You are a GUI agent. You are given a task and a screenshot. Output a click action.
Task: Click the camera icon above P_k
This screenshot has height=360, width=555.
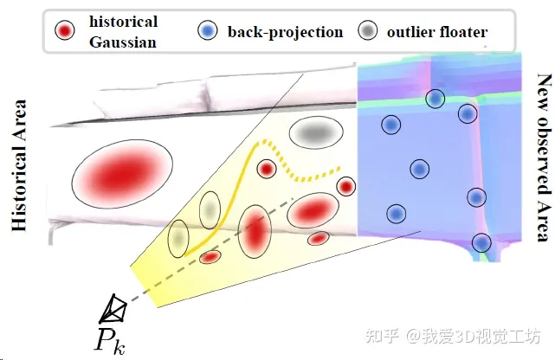tap(113, 307)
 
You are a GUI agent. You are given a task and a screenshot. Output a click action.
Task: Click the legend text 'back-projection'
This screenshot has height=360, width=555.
tap(285, 33)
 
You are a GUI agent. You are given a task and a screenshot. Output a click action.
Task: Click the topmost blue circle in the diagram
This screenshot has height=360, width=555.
tap(435, 99)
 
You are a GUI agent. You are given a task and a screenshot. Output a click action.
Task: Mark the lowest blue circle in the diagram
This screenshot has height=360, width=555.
tap(481, 242)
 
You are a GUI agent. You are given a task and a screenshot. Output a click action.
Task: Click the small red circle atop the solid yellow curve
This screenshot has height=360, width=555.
tap(291, 169)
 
